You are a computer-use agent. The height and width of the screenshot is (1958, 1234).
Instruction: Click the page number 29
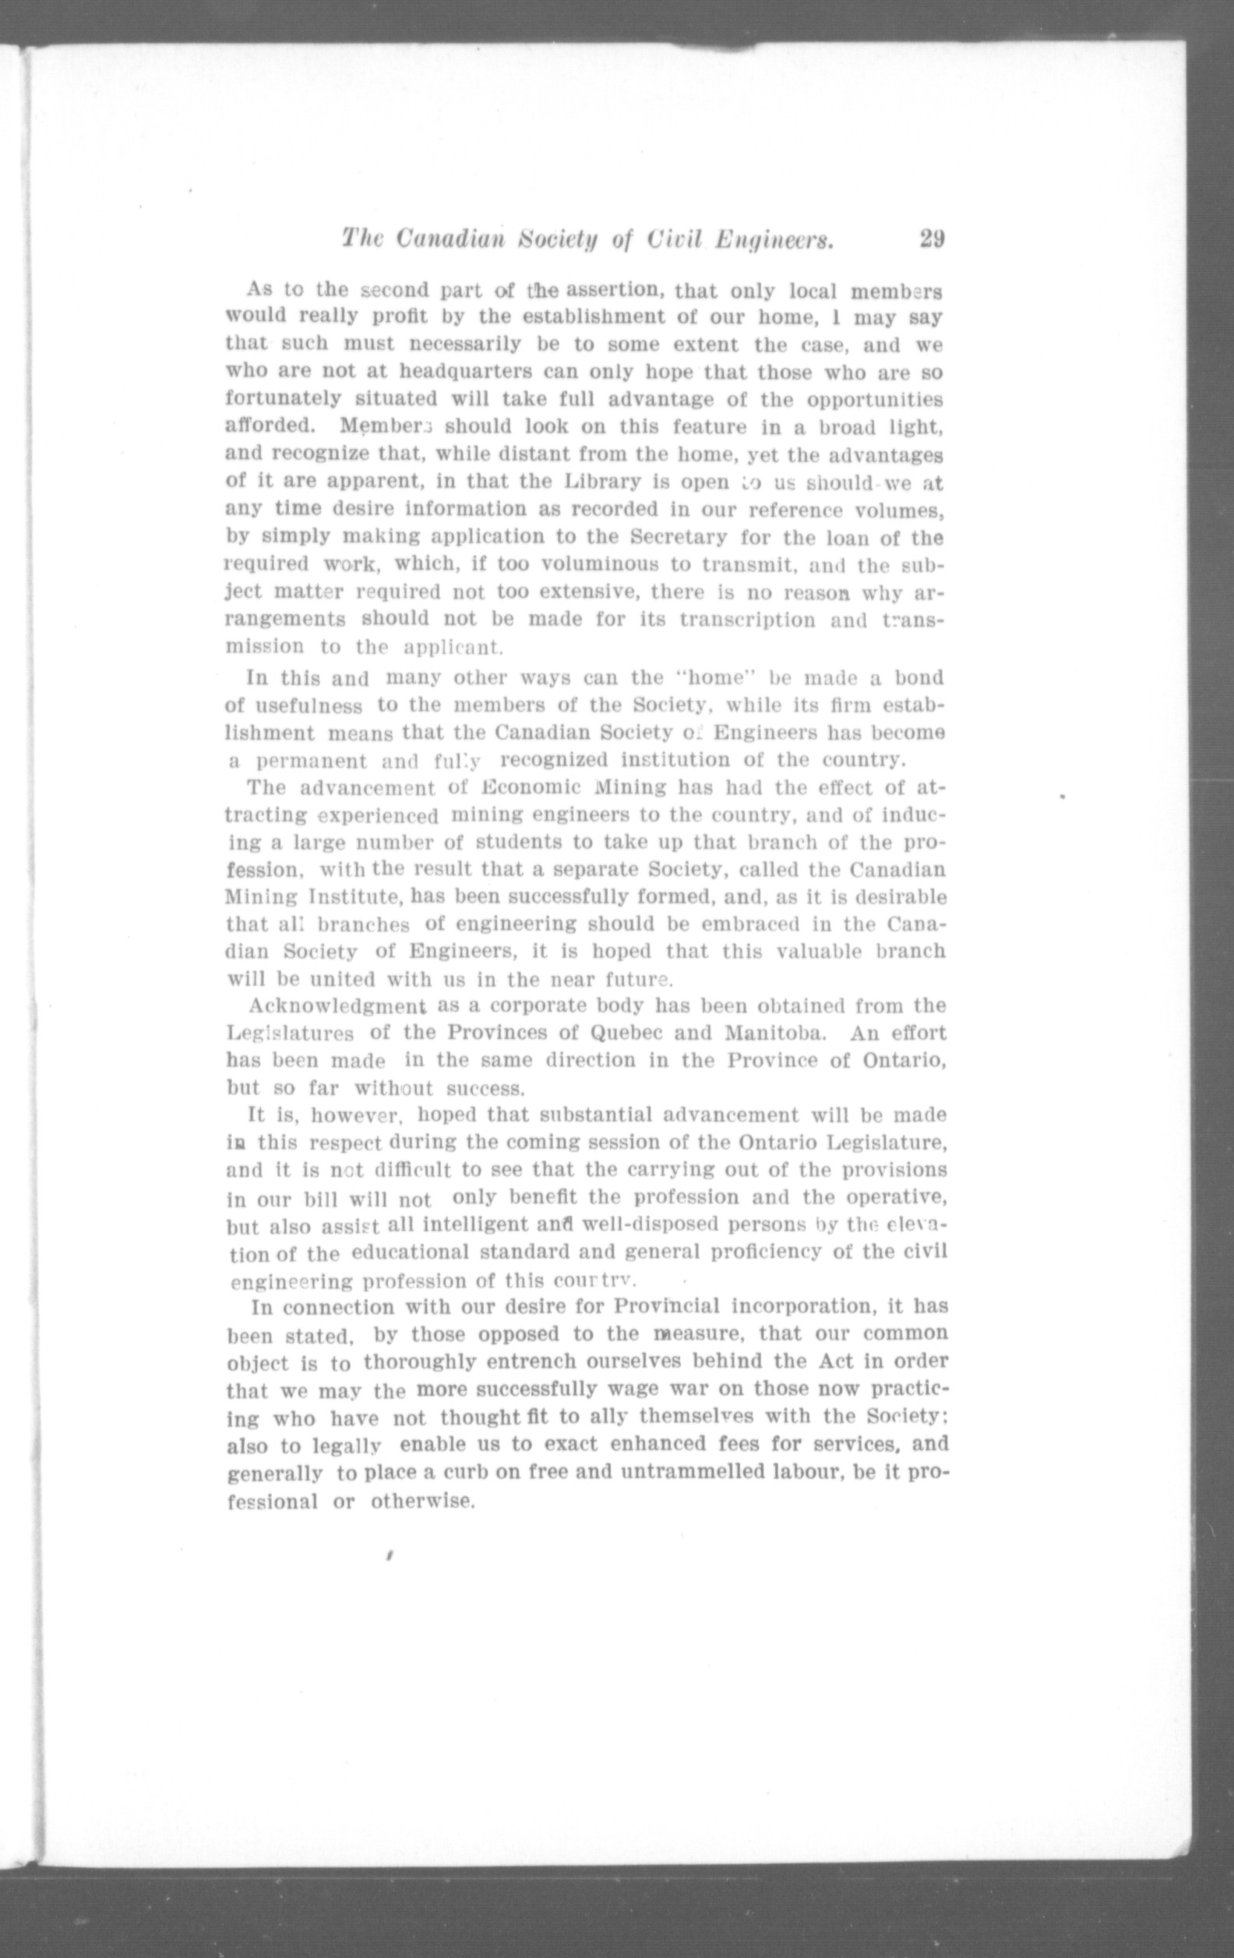point(931,239)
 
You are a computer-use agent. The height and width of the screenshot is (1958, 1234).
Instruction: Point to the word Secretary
point(675,538)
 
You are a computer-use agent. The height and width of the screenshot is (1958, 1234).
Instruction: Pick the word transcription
point(747,620)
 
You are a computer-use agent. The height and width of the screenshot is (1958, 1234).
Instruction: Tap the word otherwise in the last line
point(422,1501)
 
